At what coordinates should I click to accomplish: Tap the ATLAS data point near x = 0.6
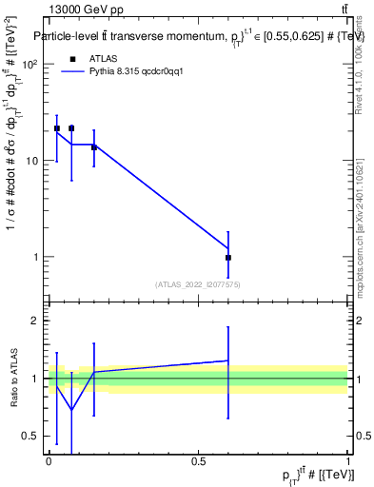[x=228, y=258]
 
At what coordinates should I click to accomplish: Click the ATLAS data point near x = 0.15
[x=93, y=147]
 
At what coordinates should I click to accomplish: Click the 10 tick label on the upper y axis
[x=33, y=161]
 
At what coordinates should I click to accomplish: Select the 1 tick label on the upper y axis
[x=36, y=257]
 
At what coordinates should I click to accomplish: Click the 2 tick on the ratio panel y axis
[x=36, y=321]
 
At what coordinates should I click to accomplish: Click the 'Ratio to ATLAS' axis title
[x=13, y=379]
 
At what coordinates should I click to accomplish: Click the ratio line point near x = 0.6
[x=228, y=360]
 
